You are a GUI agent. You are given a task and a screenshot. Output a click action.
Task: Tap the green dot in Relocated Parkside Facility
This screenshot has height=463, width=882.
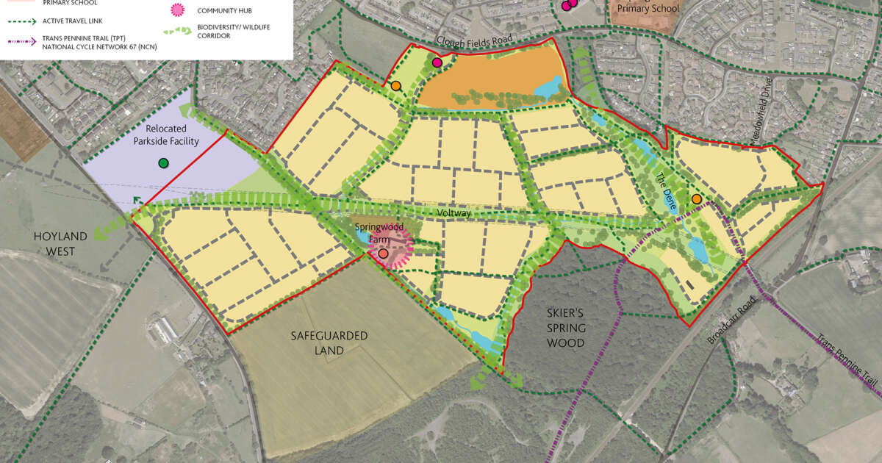pos(163,162)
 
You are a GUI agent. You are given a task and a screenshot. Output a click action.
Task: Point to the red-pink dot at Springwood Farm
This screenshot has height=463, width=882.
pos(384,254)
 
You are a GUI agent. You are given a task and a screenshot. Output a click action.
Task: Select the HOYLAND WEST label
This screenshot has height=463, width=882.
pos(60,243)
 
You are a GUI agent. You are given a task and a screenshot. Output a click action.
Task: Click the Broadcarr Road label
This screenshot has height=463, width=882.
pos(731,321)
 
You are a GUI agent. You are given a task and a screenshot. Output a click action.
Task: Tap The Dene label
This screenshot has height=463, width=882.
pos(665,190)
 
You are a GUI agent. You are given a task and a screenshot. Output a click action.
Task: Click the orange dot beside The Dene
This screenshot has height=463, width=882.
pos(696,199)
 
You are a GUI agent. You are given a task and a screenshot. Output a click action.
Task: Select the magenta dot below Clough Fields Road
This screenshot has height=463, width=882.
pos(437,63)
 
